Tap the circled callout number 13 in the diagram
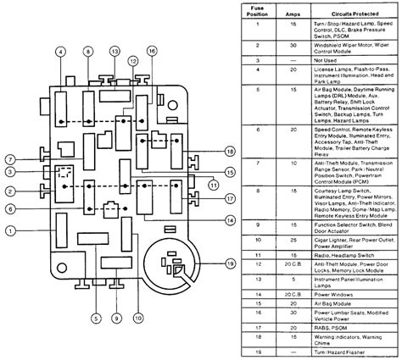click(114, 52)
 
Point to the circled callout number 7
click(9, 158)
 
